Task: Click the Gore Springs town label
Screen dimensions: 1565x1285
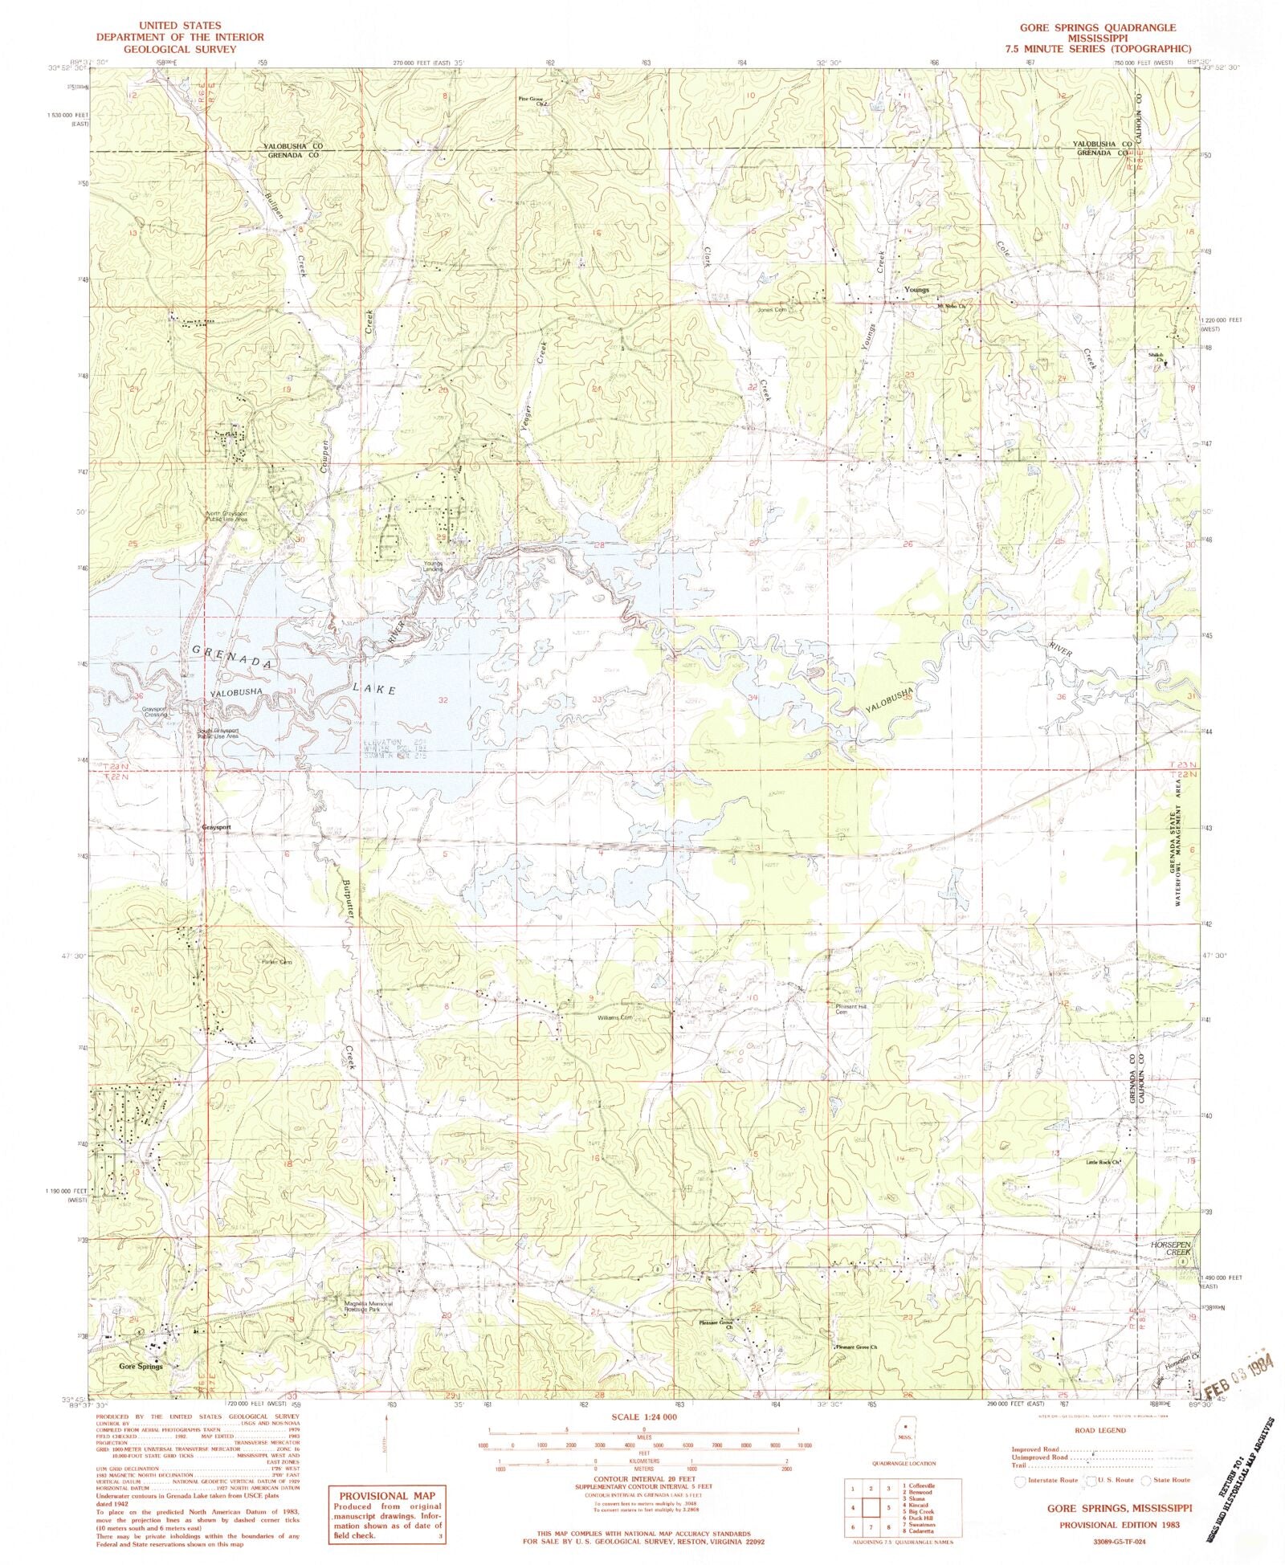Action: pos(141,1366)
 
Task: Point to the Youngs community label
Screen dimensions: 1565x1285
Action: pos(916,290)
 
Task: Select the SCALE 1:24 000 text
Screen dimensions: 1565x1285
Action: pos(643,1417)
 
